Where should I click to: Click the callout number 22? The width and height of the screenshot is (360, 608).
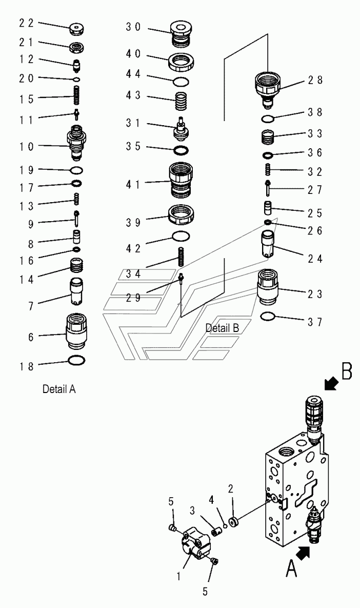coord(26,23)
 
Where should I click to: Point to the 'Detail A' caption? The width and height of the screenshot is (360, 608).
coord(59,389)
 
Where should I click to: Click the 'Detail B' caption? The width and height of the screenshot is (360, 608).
coord(222,327)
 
